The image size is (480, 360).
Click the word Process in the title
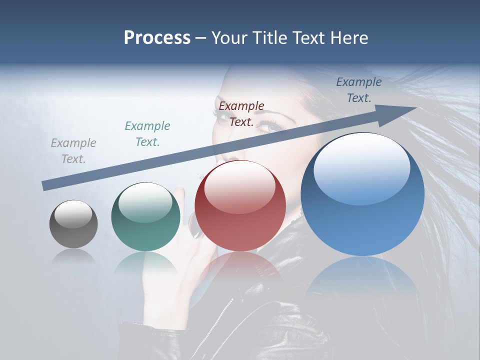[157, 38]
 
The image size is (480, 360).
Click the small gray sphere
[73, 224]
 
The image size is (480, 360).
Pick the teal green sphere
[145, 217]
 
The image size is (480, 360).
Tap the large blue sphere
[362, 195]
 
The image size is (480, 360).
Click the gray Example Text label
[73, 151]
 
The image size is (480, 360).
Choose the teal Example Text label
[147, 134]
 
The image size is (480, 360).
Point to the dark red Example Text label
[241, 114]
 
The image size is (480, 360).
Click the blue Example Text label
[359, 90]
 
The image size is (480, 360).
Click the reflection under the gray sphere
[73, 256]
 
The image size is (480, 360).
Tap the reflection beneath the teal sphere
[145, 262]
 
